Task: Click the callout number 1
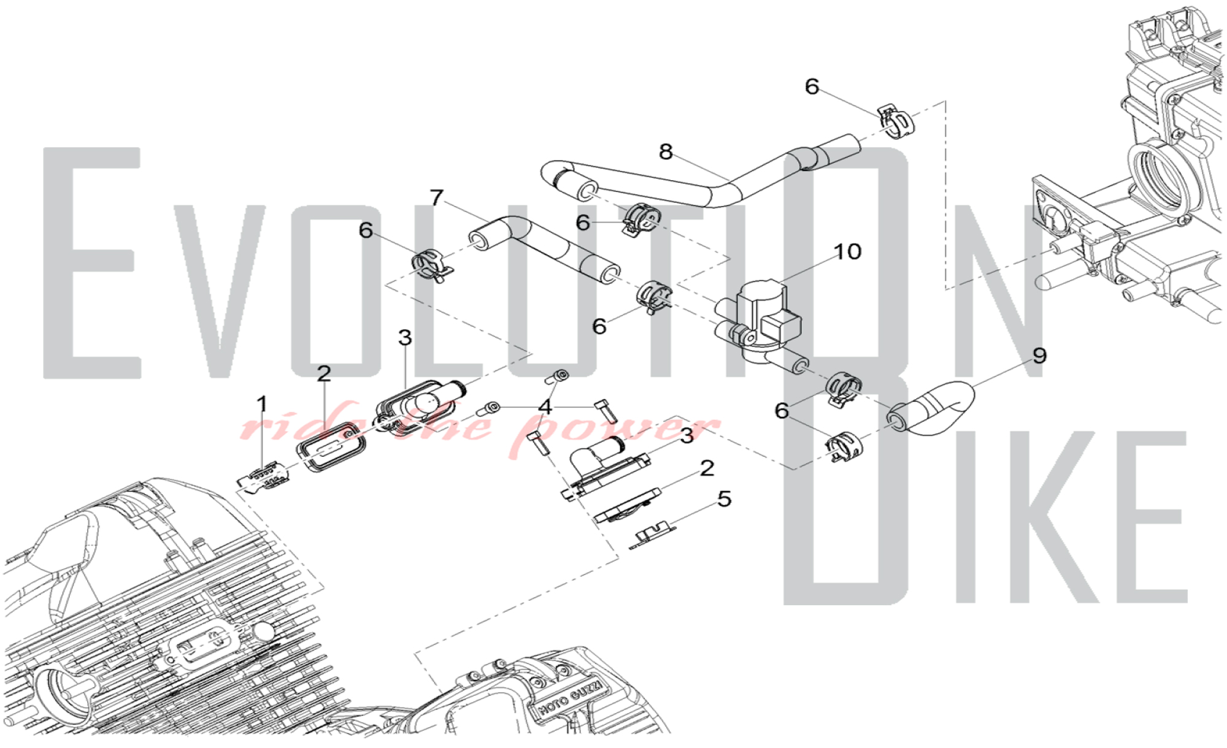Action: tap(262, 405)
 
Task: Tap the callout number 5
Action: tap(725, 499)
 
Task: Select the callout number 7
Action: tap(436, 197)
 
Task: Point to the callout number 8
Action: tap(666, 151)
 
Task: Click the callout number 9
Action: tap(1039, 356)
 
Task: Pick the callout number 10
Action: tap(847, 251)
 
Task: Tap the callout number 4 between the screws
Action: tap(545, 407)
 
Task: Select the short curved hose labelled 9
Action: tap(939, 408)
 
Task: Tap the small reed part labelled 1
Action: tap(264, 478)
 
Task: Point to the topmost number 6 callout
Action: tap(812, 87)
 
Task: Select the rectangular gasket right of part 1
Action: tap(331, 448)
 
